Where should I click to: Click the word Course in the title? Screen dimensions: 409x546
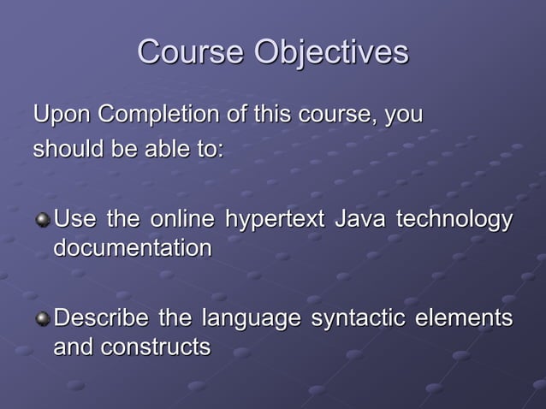point(190,52)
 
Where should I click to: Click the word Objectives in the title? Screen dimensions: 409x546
point(331,54)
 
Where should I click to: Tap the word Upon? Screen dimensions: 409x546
point(62,114)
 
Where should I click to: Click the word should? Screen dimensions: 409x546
point(69,148)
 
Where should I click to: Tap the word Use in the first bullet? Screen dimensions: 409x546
point(75,220)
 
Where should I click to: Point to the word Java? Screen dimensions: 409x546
point(359,220)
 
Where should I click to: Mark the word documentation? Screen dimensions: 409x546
point(132,249)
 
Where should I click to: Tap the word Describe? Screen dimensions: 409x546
point(102,318)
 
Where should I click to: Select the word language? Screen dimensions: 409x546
point(251,320)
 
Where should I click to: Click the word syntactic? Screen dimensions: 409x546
point(358,319)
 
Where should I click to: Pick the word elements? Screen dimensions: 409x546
point(464,318)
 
